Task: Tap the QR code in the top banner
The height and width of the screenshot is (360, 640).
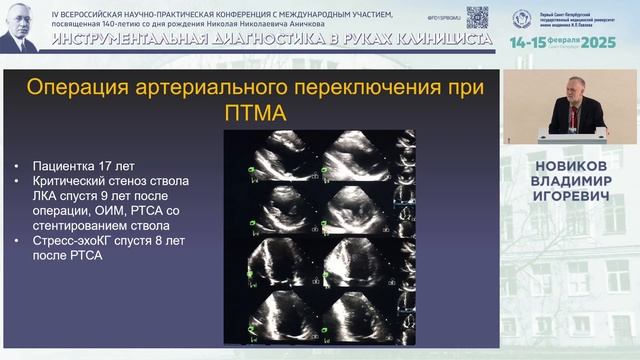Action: click(x=478, y=17)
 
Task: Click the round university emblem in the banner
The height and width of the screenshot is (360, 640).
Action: click(x=522, y=18)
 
